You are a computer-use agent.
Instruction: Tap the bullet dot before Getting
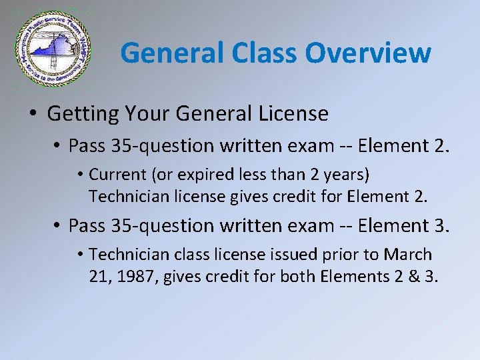coord(33,114)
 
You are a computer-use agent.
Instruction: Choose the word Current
coord(117,175)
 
